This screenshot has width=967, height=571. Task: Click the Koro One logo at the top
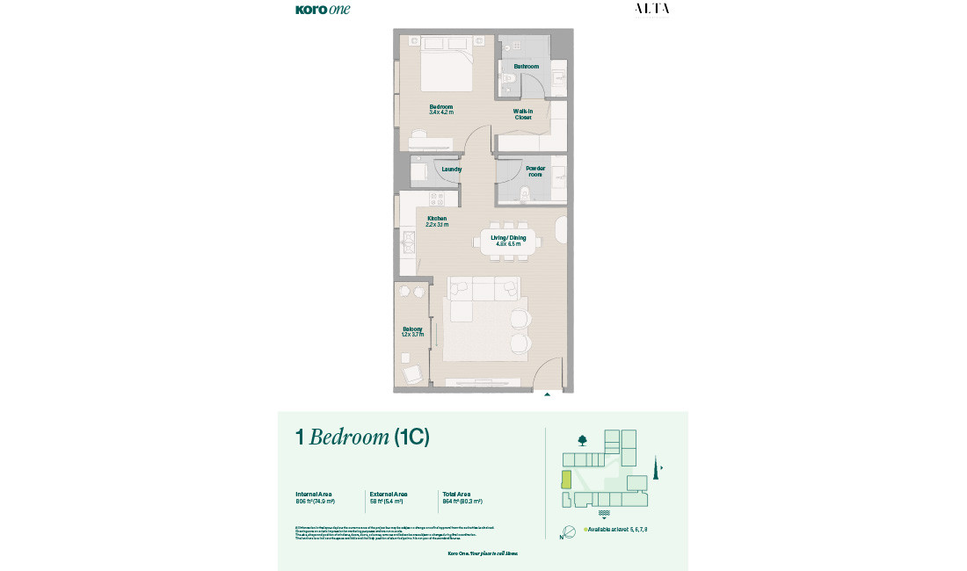(323, 10)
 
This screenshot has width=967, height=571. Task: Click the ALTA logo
(651, 9)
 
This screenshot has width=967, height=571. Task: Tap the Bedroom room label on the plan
(440, 107)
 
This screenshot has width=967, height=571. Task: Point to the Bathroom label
(526, 67)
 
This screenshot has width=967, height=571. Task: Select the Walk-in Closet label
(523, 114)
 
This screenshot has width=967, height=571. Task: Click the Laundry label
(452, 169)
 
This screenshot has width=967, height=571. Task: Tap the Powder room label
(534, 171)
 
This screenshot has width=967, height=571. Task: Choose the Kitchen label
(437, 219)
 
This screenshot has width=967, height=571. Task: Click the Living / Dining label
(508, 238)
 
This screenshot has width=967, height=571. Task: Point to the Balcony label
(412, 329)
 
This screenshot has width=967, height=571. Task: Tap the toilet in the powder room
(526, 193)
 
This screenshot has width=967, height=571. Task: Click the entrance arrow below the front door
(547, 395)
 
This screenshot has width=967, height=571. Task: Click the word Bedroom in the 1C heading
(349, 437)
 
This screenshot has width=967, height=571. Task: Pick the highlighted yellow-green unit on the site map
(567, 480)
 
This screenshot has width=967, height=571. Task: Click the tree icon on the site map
(582, 440)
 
